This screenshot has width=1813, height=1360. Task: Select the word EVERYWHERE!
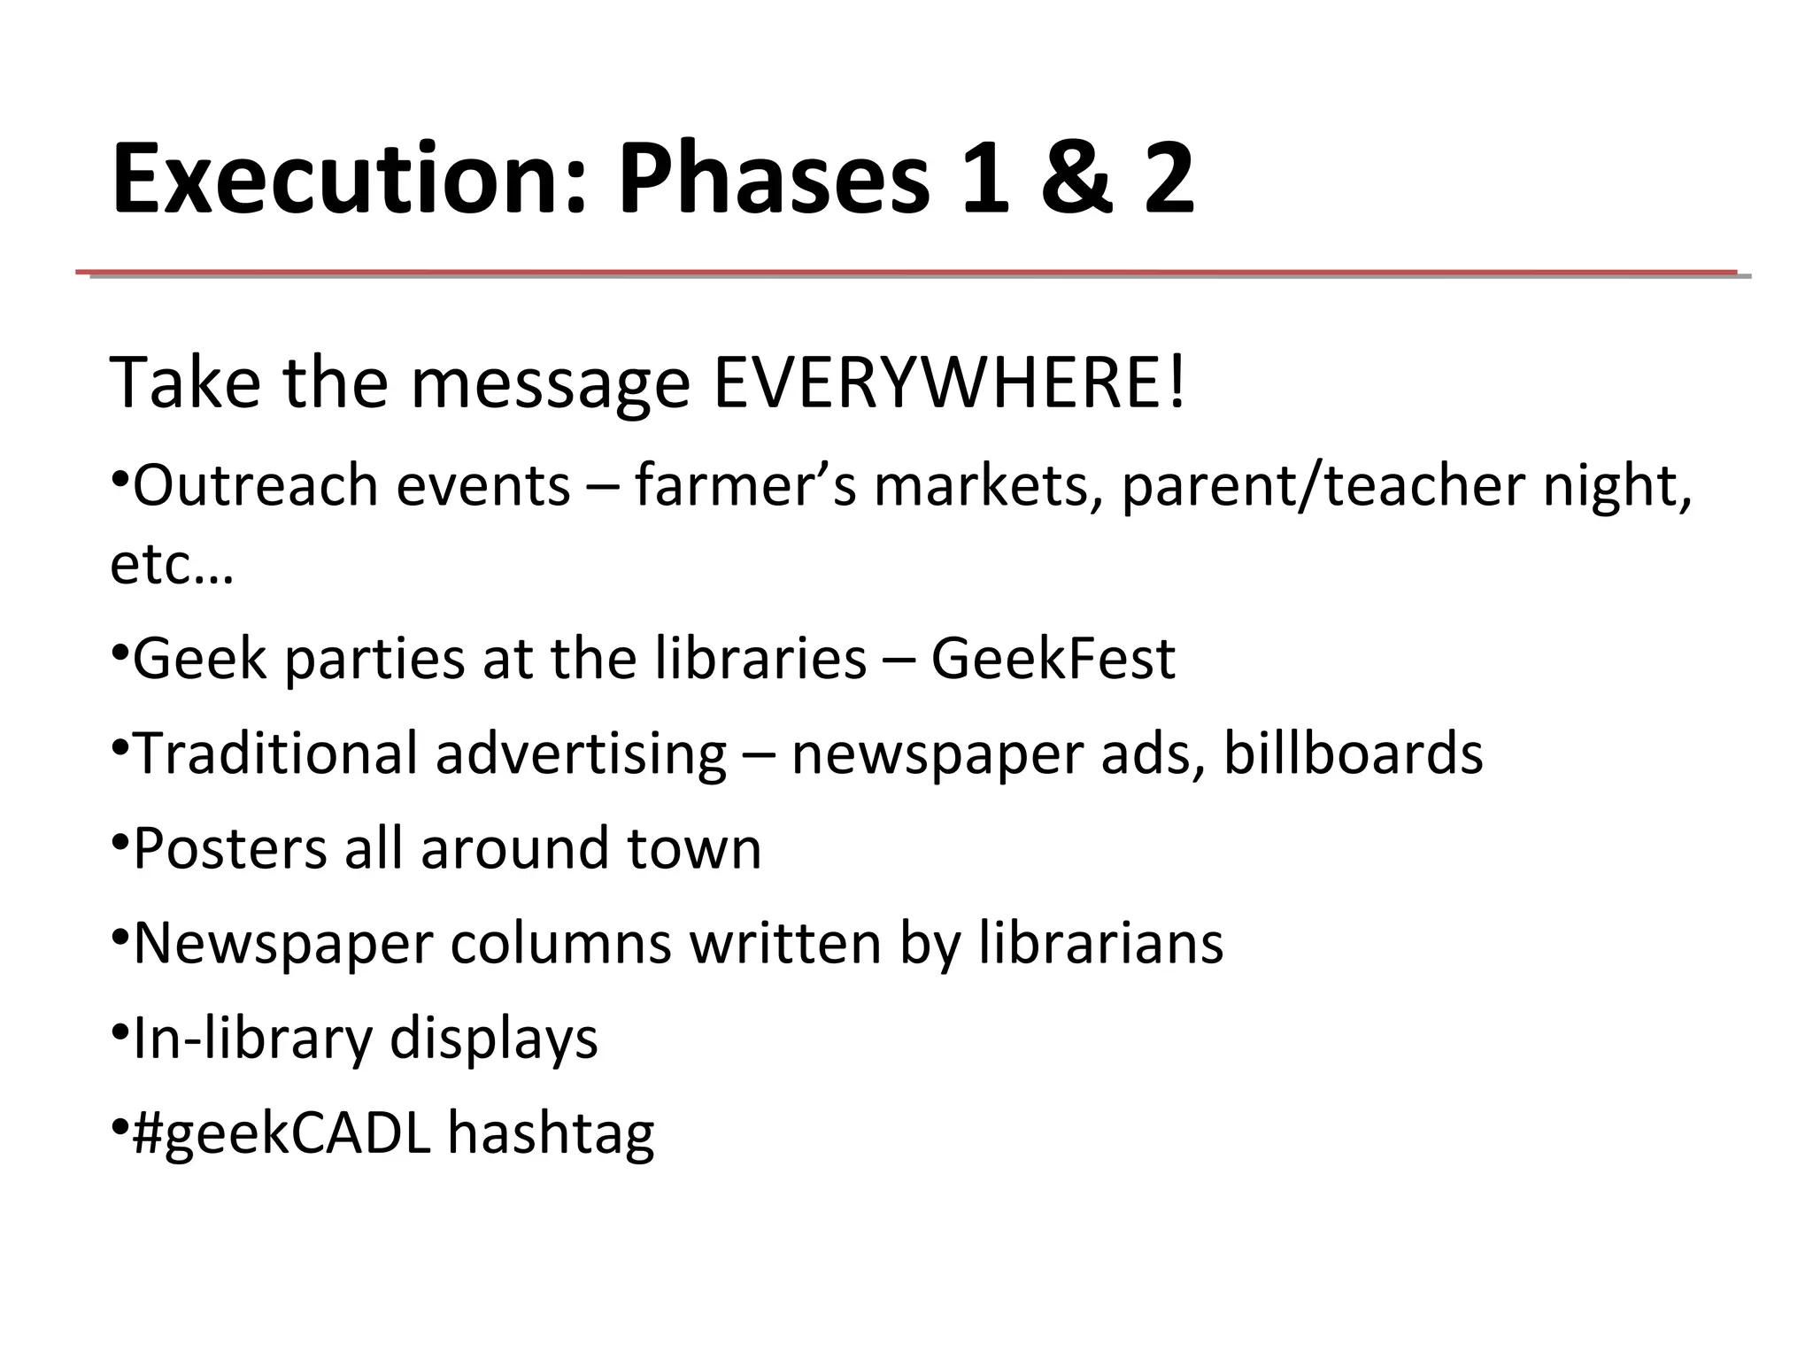[948, 383]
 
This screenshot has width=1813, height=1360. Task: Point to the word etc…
[172, 564]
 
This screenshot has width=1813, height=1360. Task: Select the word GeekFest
[1053, 659]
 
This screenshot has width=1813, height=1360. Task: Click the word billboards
[1353, 753]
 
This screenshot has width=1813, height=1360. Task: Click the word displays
[493, 1039]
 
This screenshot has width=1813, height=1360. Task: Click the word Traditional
[275, 753]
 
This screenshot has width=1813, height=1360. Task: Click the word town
[694, 848]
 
